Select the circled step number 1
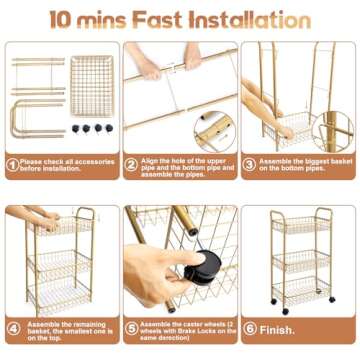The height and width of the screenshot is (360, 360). tap(11, 166)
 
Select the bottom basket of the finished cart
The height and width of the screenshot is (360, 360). tap(301, 289)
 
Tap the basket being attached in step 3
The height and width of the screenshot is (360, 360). tap(285, 128)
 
